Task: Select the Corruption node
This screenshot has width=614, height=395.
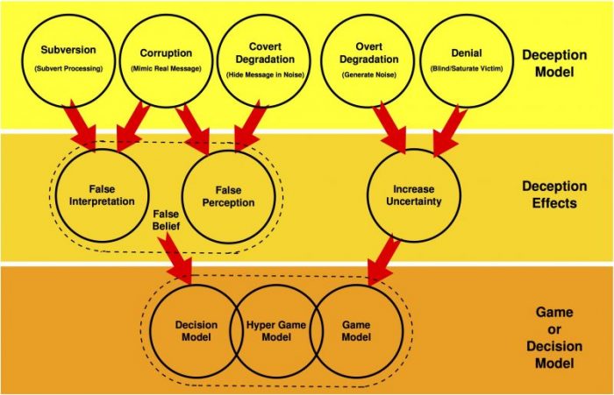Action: click(166, 60)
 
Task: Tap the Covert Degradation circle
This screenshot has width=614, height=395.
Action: click(265, 60)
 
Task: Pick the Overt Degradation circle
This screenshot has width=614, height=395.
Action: click(368, 60)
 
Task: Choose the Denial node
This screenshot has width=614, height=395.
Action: click(467, 60)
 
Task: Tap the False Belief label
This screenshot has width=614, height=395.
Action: click(166, 220)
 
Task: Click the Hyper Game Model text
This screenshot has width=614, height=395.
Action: click(276, 331)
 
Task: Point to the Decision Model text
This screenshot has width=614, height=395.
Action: click(196, 331)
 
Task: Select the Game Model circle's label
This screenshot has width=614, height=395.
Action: click(356, 331)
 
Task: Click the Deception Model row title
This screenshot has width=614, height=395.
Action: click(554, 63)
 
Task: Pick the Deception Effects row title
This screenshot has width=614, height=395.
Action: click(554, 194)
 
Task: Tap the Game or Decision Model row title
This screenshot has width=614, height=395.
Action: click(554, 337)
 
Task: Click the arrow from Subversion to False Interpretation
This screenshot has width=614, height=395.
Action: click(82, 124)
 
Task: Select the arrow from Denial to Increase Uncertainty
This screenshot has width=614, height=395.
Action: click(447, 130)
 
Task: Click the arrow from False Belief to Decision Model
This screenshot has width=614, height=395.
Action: click(175, 258)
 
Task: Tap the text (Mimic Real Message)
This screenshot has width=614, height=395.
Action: click(166, 69)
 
